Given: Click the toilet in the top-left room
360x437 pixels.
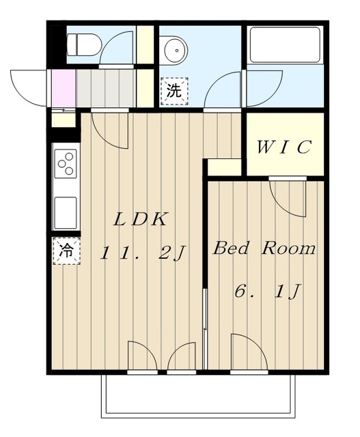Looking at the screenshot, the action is (83, 44).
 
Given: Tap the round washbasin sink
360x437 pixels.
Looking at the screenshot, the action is (176, 51).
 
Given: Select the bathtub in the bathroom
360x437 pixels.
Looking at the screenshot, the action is (285, 44).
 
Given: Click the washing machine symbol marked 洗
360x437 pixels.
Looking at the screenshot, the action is (174, 91).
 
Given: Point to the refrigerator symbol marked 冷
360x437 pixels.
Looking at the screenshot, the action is (66, 251).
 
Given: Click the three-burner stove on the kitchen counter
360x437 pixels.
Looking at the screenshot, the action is (66, 163).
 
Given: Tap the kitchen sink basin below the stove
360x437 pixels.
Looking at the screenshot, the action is (66, 212).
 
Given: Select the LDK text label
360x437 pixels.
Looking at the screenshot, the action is (141, 219).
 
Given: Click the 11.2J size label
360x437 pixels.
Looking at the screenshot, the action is (143, 253).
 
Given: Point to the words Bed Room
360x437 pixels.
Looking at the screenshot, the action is (264, 248).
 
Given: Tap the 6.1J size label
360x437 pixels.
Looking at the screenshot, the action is (268, 292).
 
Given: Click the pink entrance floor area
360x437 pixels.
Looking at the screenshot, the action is (64, 88).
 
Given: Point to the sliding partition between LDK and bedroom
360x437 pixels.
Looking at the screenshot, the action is (206, 328).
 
